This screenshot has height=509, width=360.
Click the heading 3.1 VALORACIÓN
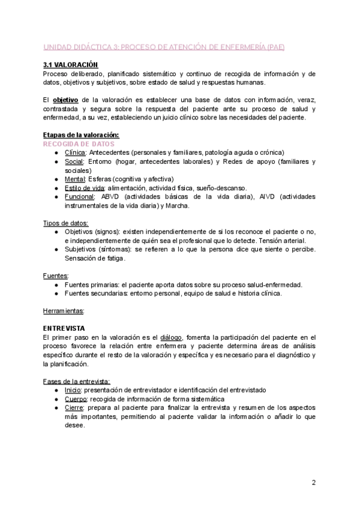click(70, 64)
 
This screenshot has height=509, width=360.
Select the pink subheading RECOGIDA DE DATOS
click(79, 144)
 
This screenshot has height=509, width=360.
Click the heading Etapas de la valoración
click(81, 136)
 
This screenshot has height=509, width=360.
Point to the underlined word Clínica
click(75, 152)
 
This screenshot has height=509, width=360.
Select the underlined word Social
click(74, 161)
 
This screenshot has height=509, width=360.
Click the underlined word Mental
click(74, 179)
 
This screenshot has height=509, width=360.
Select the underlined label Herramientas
click(64, 311)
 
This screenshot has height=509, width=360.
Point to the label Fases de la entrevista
click(76, 381)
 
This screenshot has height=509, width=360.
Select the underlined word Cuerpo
click(76, 399)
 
